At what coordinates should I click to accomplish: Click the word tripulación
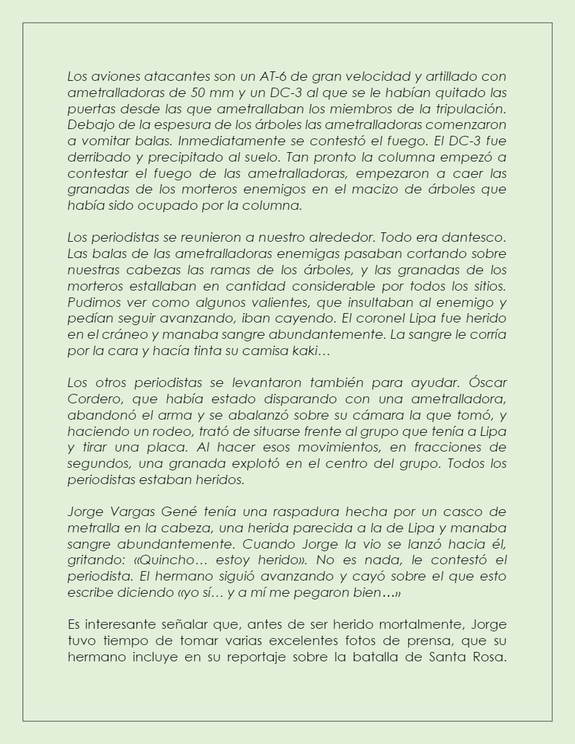coord(470,108)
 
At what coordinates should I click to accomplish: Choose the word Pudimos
coord(91,301)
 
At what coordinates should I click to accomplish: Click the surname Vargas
coord(128,512)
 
